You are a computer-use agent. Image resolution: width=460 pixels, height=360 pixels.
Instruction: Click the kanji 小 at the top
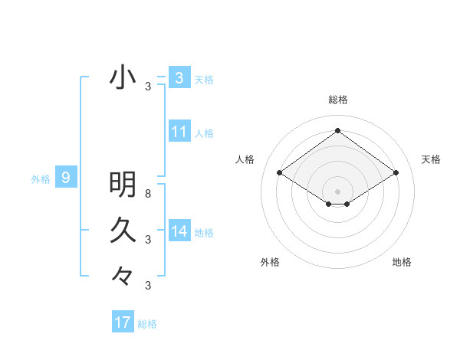pos(123,78)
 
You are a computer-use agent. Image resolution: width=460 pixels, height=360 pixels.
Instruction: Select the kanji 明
pos(123,185)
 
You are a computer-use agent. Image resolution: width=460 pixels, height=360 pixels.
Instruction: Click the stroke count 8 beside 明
pos(148,194)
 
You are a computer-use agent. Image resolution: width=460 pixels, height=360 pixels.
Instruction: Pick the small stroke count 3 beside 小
pos(148,87)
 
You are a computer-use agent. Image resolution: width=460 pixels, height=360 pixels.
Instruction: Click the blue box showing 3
pos(179,78)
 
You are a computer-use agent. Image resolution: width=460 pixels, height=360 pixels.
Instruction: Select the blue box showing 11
pos(179,132)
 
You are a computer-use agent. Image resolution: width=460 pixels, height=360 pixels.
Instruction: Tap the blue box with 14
pos(179,231)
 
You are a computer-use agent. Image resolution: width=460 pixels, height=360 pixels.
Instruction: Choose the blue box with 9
pos(66,178)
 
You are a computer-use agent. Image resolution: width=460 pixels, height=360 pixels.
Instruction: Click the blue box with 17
pos(122,322)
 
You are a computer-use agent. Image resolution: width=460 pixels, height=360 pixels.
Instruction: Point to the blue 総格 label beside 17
pos(147,324)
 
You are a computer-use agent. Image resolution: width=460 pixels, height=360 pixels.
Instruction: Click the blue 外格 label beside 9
pos(41,179)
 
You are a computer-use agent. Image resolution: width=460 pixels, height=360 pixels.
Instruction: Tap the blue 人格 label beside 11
pos(204,133)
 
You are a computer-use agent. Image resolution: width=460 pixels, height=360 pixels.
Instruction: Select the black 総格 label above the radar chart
pos(337,100)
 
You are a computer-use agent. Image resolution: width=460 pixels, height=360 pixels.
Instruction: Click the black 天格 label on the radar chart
pos(431,159)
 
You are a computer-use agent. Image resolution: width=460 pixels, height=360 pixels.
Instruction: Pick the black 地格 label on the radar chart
pos(402,262)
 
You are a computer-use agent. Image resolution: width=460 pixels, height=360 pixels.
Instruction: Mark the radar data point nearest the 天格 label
pos(396,173)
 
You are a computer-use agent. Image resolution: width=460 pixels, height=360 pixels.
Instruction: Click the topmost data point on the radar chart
pos(337,131)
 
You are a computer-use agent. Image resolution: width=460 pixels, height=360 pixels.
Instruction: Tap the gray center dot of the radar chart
pos(337,191)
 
